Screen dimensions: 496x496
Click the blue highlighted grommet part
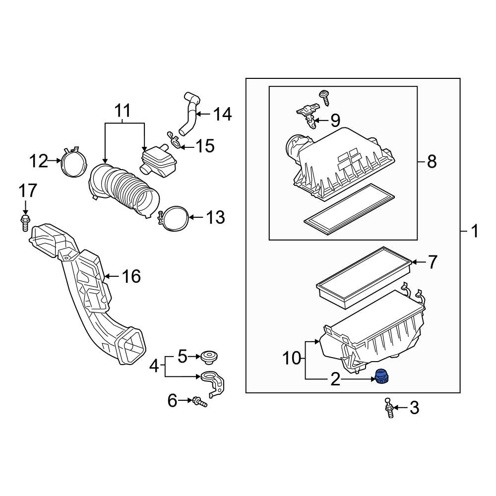coord(382,377)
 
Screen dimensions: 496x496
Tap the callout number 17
coord(28,190)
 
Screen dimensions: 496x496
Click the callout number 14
coord(222,115)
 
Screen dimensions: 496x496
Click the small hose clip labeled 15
coord(173,140)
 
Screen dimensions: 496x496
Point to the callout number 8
coord(432,162)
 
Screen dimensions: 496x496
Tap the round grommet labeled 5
coord(208,357)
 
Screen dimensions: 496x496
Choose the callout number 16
coord(131,276)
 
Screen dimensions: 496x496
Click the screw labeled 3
coord(389,409)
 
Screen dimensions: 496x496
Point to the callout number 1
coord(474,231)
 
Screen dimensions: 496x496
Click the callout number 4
coord(155,367)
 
